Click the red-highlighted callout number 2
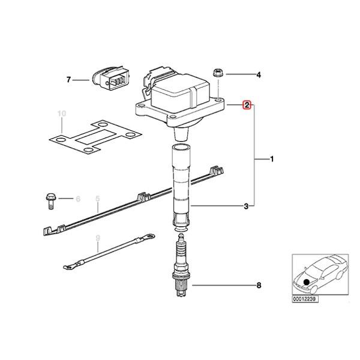coord(246,105)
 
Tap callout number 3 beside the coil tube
coord(246,207)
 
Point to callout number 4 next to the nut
coord(259,75)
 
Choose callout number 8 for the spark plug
coord(259,285)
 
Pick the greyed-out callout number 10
coord(60,113)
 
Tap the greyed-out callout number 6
coord(77,198)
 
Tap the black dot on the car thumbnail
coord(307,281)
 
